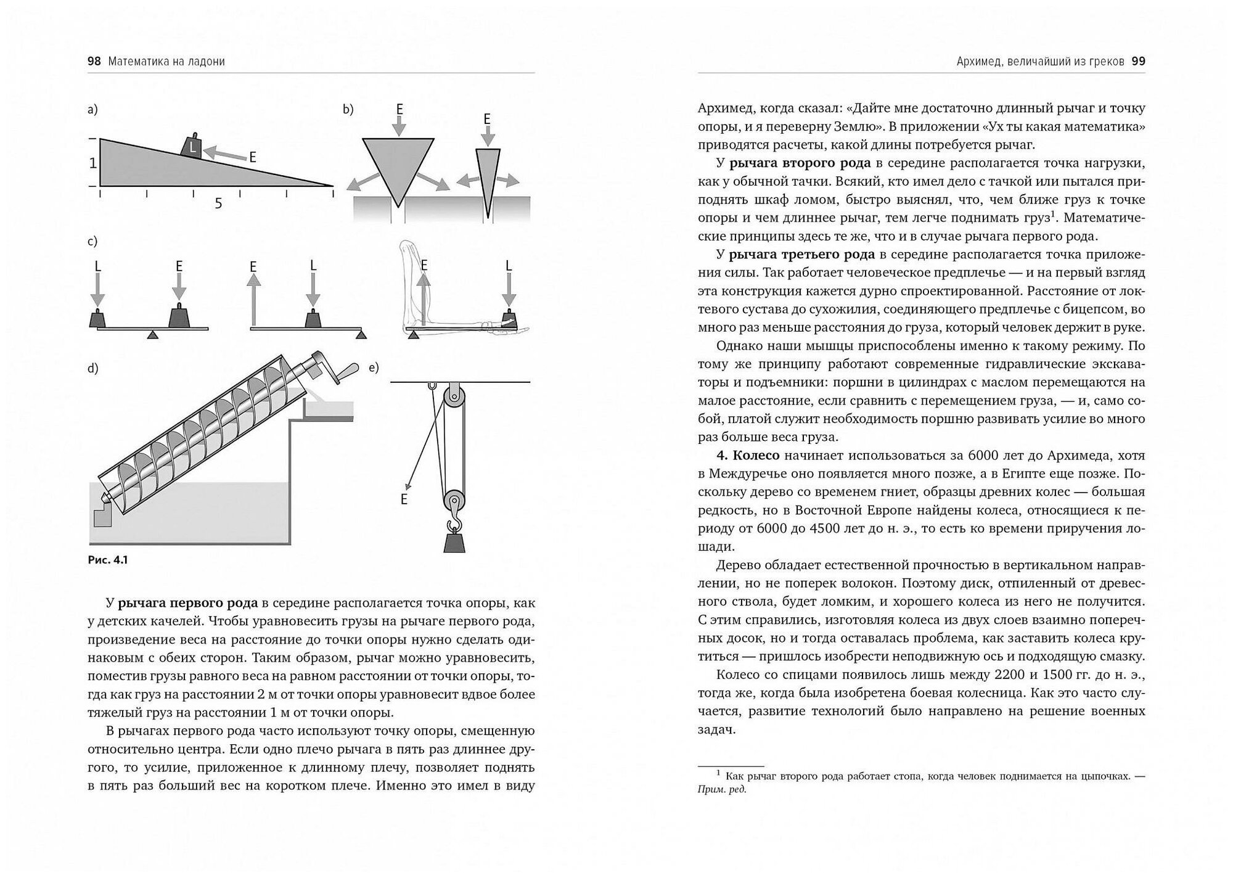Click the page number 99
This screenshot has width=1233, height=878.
[1138, 62]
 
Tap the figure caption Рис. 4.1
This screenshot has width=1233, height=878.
[108, 560]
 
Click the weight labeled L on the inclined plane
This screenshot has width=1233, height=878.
[192, 147]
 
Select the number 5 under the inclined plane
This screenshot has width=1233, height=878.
[218, 203]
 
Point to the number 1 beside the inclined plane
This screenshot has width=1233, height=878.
[92, 163]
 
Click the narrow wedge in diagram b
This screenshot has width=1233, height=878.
[488, 176]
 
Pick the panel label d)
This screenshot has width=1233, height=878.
[93, 369]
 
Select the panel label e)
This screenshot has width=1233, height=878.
[374, 368]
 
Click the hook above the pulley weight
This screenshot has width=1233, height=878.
[455, 523]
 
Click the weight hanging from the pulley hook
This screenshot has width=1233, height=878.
[455, 542]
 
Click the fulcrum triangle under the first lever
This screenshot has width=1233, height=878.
[153, 334]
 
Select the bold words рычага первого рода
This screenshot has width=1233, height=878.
[187, 603]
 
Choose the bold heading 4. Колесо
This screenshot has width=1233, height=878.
[748, 456]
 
